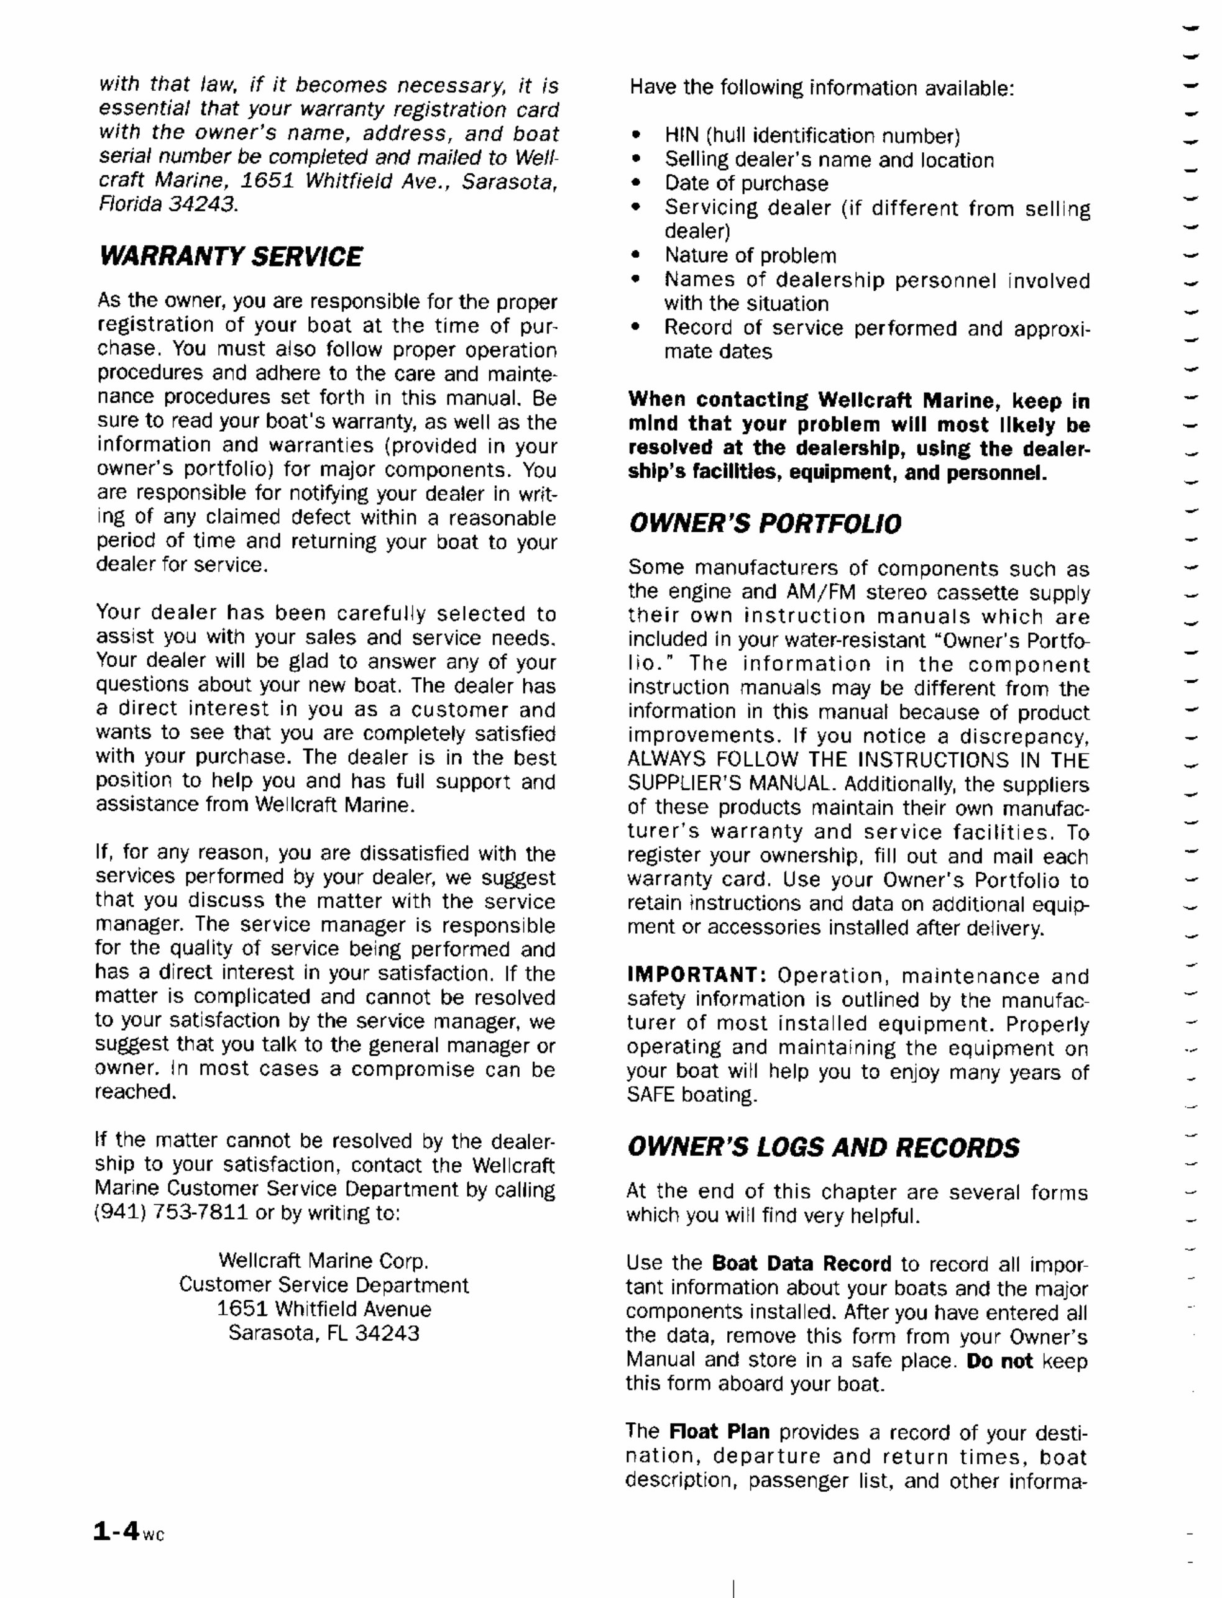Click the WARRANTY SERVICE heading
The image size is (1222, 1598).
coord(230,257)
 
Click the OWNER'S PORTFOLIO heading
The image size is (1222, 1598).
coord(765,524)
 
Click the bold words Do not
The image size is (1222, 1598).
coord(999,1361)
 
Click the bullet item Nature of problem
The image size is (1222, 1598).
coord(750,255)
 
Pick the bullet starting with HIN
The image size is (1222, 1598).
coord(812,136)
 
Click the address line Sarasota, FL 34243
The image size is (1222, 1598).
coord(324,1333)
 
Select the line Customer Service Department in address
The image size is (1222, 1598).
coord(324,1285)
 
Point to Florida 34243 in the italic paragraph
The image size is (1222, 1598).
coord(168,204)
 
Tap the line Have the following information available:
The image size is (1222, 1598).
coord(821,89)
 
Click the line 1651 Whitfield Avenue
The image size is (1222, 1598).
coord(324,1308)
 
